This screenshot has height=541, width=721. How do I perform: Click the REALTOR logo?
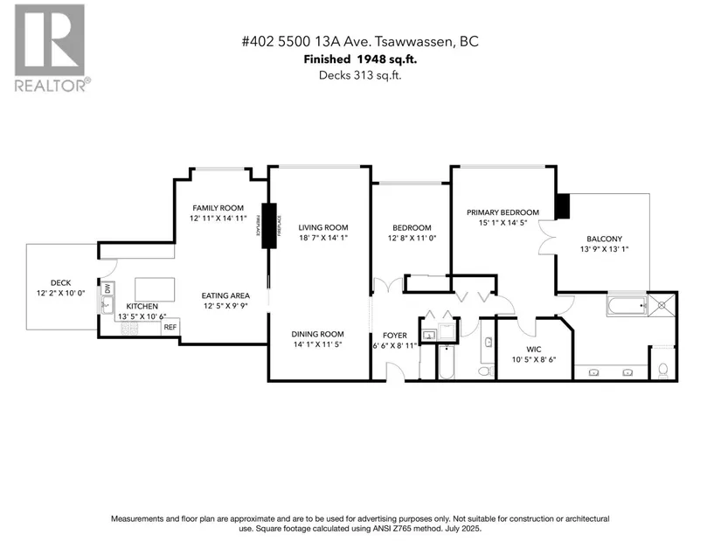pyautogui.click(x=49, y=47)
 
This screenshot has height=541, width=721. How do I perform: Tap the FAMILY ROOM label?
pyautogui.click(x=218, y=207)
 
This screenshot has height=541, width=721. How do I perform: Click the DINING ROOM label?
pyautogui.click(x=318, y=334)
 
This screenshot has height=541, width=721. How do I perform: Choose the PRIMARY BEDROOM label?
pyautogui.click(x=503, y=212)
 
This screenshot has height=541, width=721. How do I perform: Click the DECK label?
pyautogui.click(x=60, y=282)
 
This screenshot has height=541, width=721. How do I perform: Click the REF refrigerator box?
pyautogui.click(x=170, y=327)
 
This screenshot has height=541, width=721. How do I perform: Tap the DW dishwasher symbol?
pyautogui.click(x=107, y=288)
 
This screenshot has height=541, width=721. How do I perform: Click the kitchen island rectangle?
pyautogui.click(x=152, y=289)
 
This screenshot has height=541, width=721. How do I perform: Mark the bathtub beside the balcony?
pyautogui.click(x=627, y=305)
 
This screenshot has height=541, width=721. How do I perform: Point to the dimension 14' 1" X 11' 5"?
pyautogui.click(x=318, y=345)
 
